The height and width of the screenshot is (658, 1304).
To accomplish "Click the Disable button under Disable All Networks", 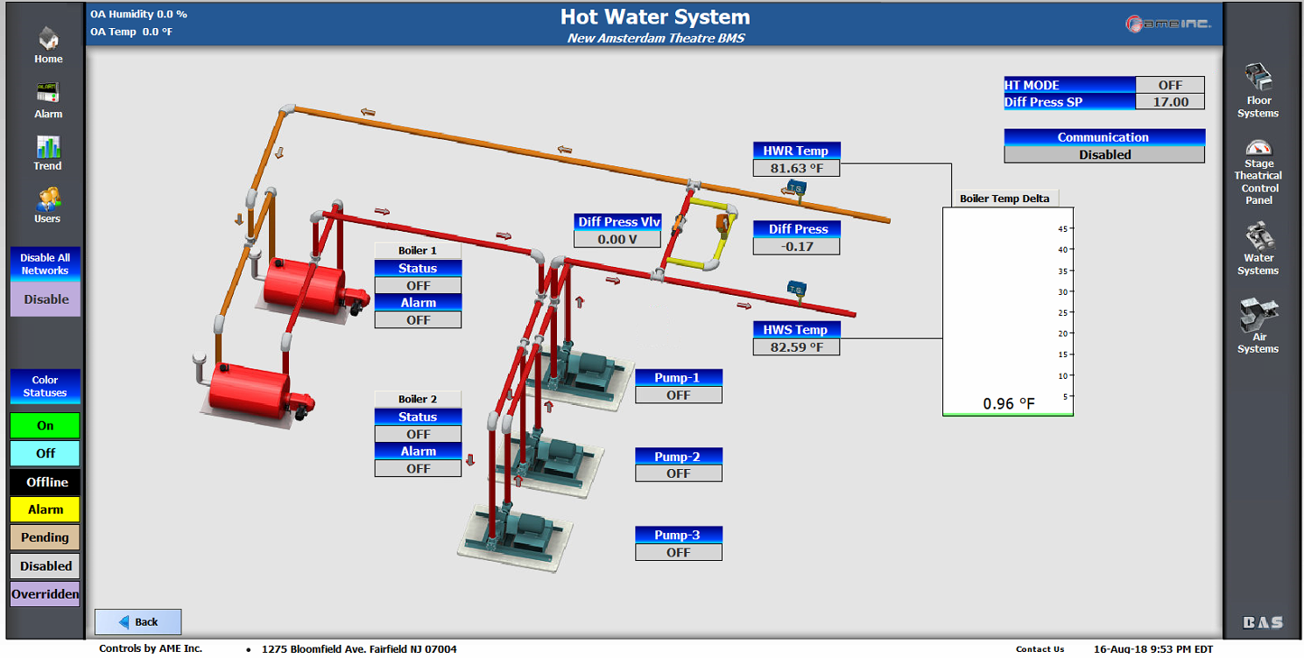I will (x=46, y=299).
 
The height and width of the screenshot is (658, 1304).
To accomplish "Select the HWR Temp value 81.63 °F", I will (x=796, y=168).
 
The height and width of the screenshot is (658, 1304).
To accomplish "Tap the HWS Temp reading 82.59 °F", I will (x=796, y=347).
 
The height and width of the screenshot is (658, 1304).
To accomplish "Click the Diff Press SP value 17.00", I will (x=1169, y=101).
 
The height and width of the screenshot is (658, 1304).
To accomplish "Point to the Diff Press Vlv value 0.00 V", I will (x=617, y=239).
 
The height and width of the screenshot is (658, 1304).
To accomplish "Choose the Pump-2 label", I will (x=678, y=457).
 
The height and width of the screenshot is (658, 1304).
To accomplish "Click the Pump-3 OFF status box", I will (x=678, y=552).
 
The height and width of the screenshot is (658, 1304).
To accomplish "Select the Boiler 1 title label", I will (x=418, y=250).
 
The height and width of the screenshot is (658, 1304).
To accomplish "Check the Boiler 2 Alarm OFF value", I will (x=418, y=469).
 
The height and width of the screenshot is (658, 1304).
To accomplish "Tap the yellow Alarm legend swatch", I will (x=46, y=509).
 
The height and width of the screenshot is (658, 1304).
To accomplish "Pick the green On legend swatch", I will (x=46, y=426).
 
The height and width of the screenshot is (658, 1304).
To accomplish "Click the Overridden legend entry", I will (x=46, y=594).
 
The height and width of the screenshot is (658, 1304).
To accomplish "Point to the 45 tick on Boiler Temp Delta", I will (x=1064, y=228).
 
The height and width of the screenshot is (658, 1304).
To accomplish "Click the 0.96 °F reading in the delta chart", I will (x=1008, y=403).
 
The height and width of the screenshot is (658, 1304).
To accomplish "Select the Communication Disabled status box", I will (x=1104, y=155).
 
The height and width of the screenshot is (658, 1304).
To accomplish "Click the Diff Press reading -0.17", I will (x=796, y=247).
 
